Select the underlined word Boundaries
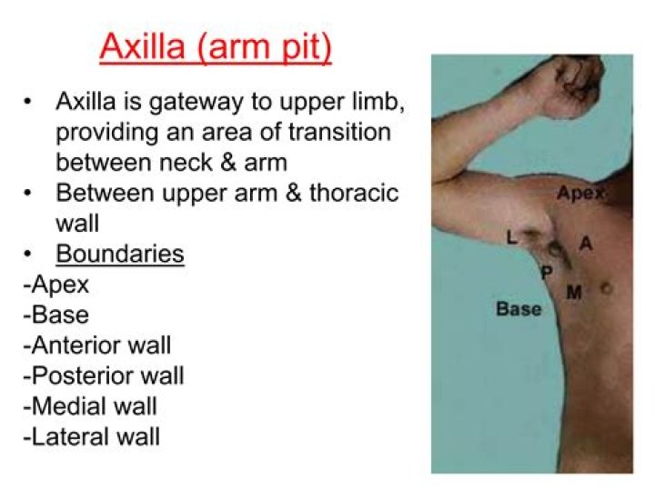pos(120,253)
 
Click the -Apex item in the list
pos(55,284)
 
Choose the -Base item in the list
pos(55,315)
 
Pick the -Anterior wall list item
pos(96,345)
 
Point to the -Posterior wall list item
pos(103,375)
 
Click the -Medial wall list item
pos(90,406)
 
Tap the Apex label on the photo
pos(579,194)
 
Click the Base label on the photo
pos(518,309)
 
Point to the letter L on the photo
pos(512,238)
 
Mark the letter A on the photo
pos(586,244)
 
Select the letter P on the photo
pos(546,273)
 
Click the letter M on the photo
pos(574,292)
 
